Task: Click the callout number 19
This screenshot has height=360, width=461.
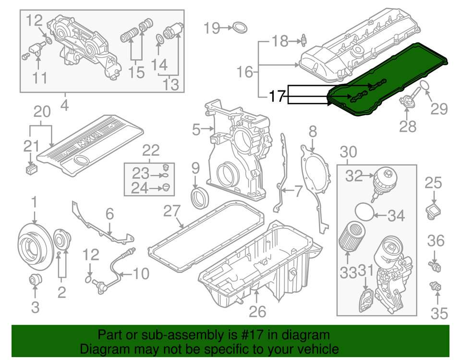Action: pos(211,28)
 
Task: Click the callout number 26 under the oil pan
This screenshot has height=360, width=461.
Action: pos(257,312)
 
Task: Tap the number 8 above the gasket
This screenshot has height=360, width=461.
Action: pos(313,131)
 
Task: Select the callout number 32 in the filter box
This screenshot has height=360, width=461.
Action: pos(354,176)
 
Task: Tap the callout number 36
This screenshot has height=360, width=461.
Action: pos(436,240)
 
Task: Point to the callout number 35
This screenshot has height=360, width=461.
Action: pos(438,313)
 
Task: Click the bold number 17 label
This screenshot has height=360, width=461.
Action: pos(278,96)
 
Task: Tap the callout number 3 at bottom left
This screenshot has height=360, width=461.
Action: pos(35,307)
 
